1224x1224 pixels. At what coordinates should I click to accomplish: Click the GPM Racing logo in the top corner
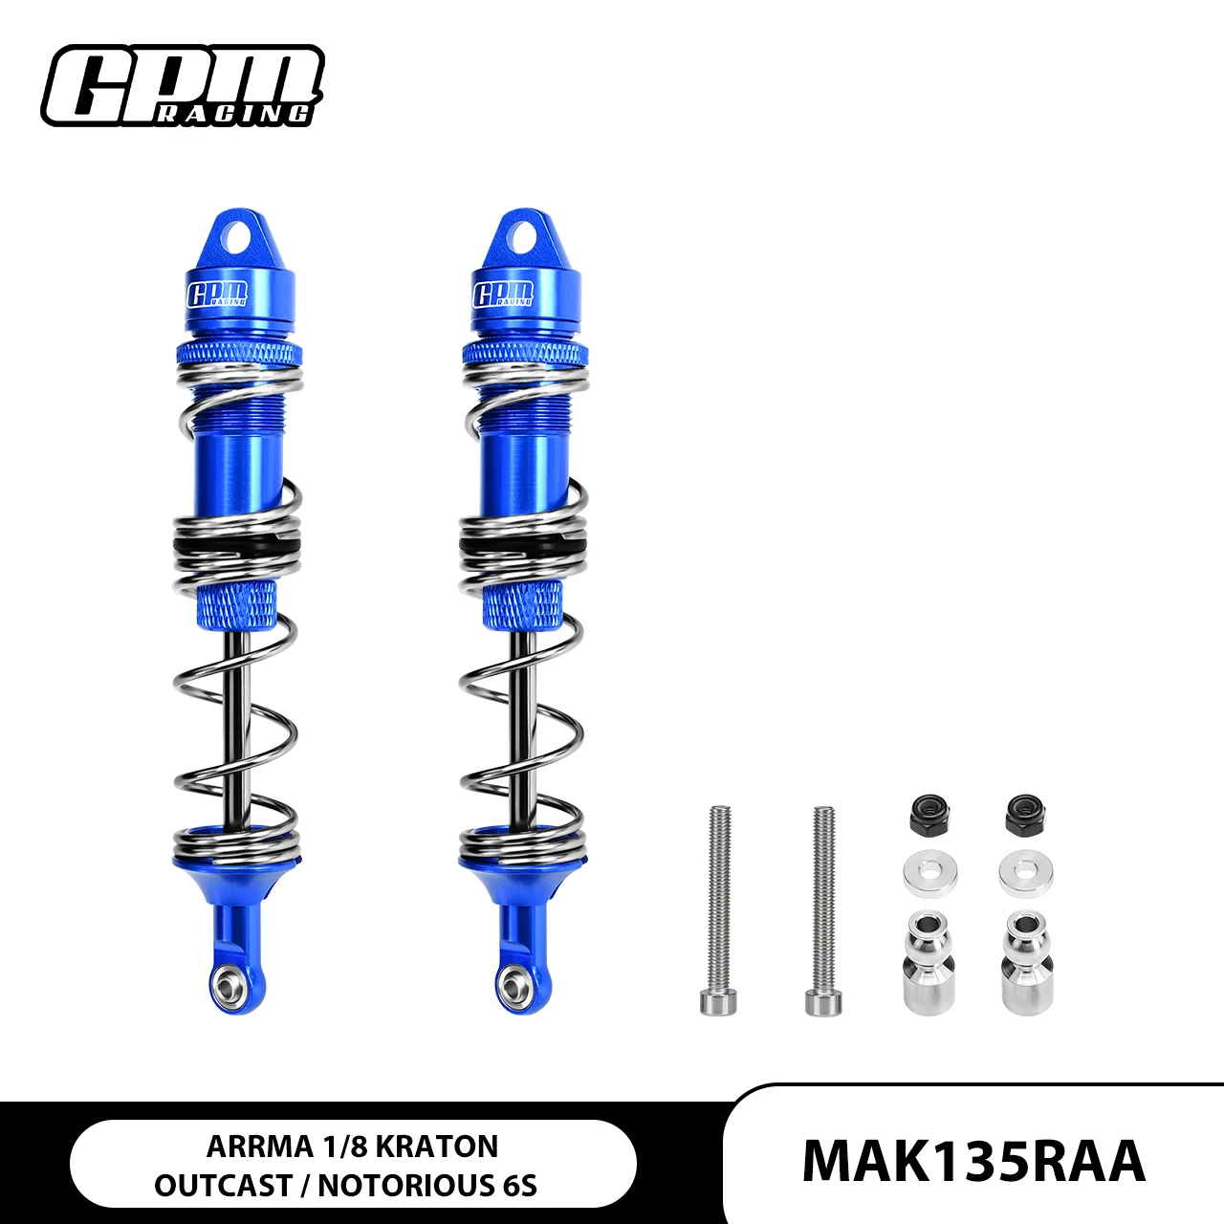tap(183, 85)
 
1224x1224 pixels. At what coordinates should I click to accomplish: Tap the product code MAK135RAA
tap(973, 1162)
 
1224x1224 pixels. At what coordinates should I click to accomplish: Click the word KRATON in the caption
tap(438, 1147)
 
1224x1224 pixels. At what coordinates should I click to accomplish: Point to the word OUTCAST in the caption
tap(222, 1185)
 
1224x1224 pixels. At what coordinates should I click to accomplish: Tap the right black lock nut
tap(1026, 815)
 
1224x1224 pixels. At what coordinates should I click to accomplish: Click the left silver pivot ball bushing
tap(929, 962)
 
